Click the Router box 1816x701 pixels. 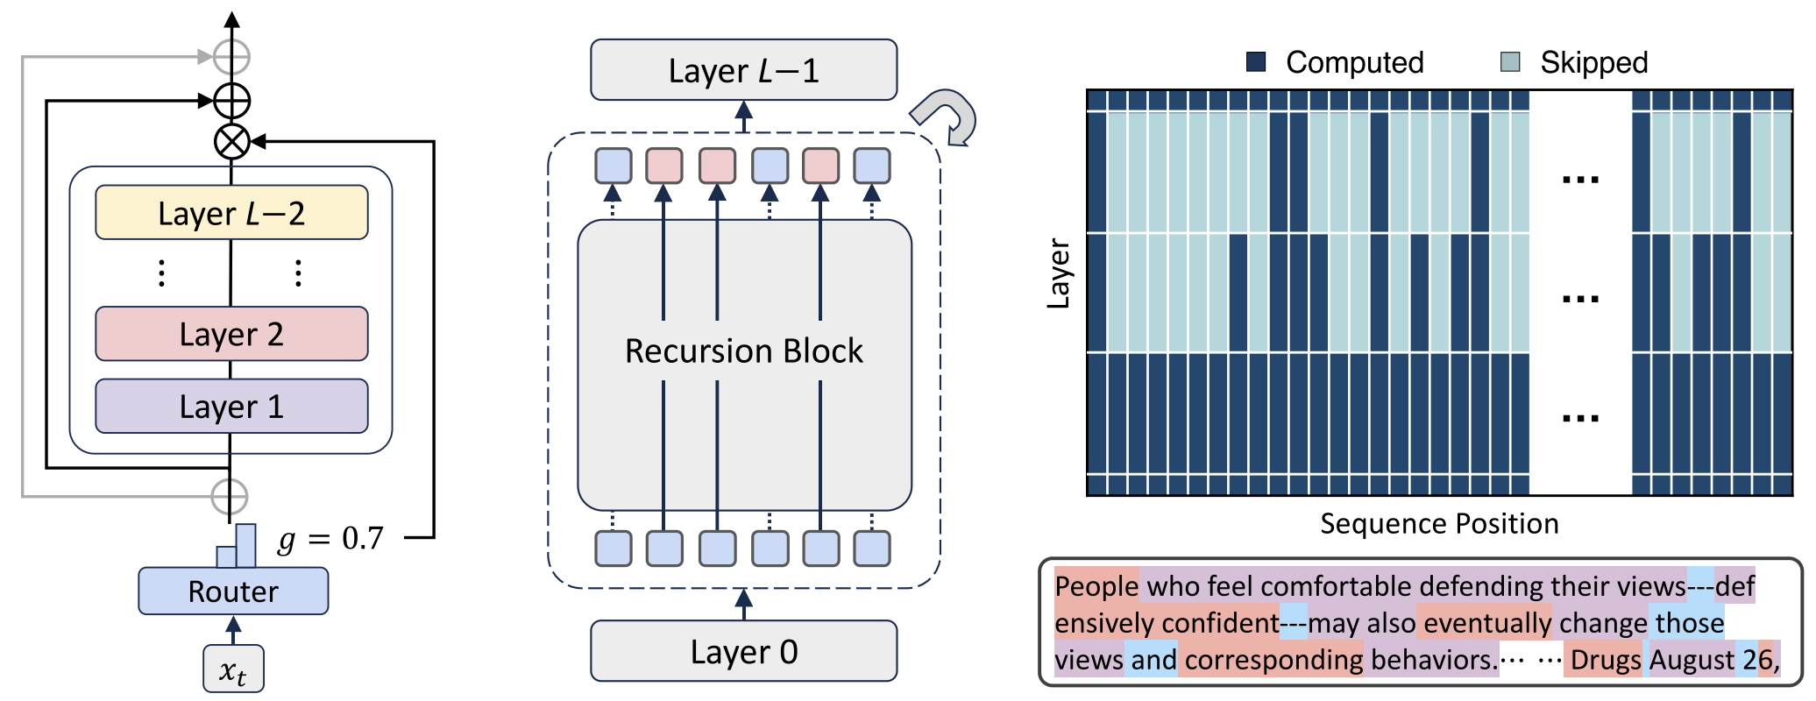(233, 591)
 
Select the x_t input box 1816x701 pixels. (233, 669)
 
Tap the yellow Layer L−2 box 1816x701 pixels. (231, 213)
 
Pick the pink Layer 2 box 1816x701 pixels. (231, 334)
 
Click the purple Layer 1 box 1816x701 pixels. (231, 407)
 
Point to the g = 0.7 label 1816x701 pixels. (330, 538)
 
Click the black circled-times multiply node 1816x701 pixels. (232, 141)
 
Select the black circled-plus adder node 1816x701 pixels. (232, 101)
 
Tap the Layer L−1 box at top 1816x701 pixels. (743, 70)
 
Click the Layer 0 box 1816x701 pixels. (743, 651)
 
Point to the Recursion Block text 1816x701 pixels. (743, 350)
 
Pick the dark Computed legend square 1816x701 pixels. (1256, 61)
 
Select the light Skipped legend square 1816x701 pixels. (1510, 61)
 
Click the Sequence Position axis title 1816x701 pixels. (1439, 524)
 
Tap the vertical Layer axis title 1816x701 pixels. (1059, 273)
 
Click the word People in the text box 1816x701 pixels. (1096, 585)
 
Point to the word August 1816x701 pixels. (1692, 660)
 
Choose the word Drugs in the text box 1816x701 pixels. (1606, 660)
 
